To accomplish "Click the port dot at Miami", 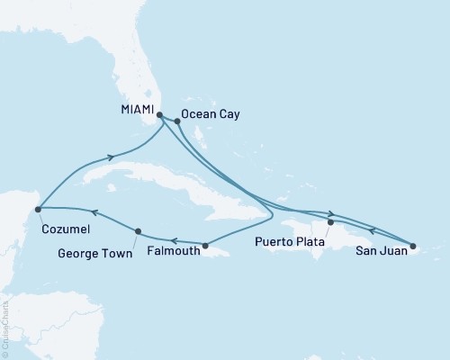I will (159, 115).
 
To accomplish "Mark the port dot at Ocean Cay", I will (177, 121).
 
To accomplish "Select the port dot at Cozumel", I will (38, 210).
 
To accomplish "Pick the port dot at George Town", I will (137, 231).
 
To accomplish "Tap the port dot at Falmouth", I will (206, 246).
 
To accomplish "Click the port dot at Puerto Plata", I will (330, 221).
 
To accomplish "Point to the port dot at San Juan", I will (413, 245).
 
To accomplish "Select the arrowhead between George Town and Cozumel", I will (93, 214).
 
